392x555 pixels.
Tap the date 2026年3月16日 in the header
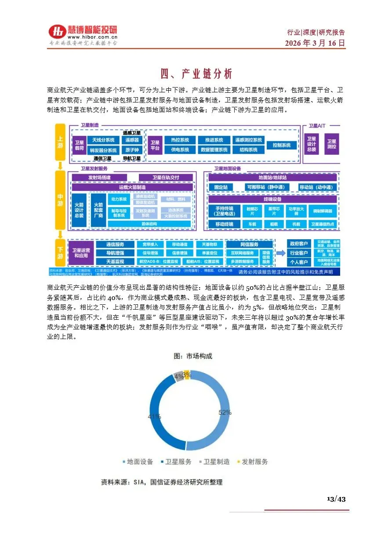click(315, 43)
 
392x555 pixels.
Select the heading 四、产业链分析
click(196, 73)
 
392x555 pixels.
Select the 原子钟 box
click(132, 150)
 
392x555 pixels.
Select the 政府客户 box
click(299, 244)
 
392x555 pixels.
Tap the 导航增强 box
click(115, 253)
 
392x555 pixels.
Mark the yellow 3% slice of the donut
click(187, 375)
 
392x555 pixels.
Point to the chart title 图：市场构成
click(193, 356)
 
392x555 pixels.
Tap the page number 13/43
click(336, 499)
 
